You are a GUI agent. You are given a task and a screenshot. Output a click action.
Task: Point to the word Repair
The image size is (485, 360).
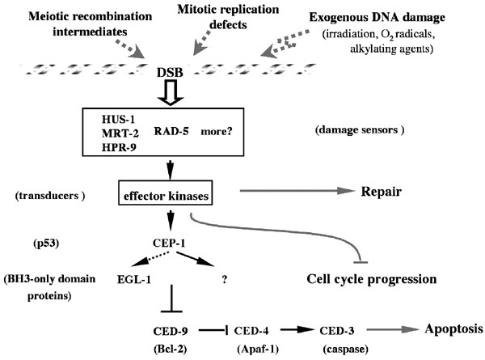[x=382, y=193]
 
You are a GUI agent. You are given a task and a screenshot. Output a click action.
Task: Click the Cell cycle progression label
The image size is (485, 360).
[x=373, y=279]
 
